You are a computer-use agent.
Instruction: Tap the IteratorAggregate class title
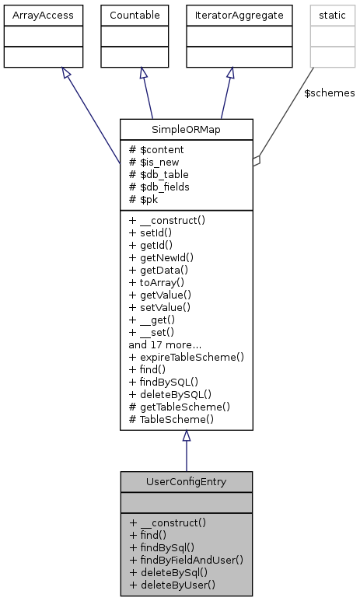point(229,15)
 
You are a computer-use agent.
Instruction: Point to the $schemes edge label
point(329,93)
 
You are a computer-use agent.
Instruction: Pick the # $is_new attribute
point(156,162)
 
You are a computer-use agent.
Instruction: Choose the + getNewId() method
point(161,257)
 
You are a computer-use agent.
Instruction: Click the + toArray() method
point(159,282)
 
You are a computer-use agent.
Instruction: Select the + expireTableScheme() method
point(187,357)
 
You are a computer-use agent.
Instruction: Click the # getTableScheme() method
point(180,407)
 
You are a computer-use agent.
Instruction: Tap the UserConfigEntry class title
point(186,481)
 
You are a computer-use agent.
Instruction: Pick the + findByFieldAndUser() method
point(187,560)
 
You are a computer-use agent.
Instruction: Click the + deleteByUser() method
point(173,585)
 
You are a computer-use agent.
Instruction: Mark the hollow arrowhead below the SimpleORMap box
point(186,437)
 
